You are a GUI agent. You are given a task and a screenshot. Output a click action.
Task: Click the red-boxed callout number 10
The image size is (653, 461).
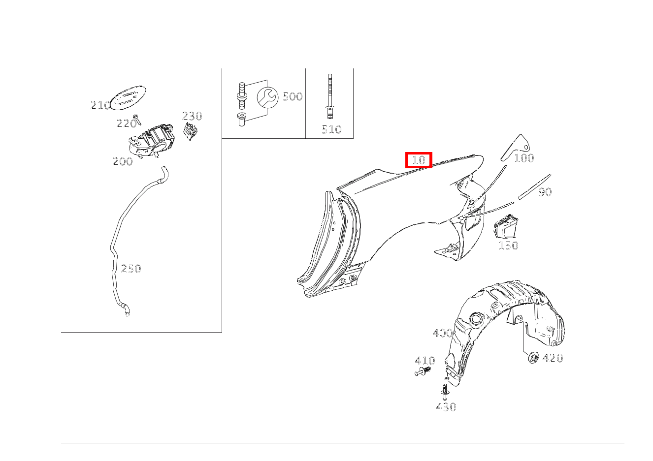point(419,160)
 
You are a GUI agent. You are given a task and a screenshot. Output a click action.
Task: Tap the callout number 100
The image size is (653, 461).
point(524,158)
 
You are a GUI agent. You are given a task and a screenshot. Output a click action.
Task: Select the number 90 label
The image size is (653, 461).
point(545,192)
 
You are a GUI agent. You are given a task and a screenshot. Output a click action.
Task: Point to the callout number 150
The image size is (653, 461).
point(508,246)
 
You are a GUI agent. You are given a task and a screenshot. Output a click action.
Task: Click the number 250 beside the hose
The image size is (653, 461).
point(131,269)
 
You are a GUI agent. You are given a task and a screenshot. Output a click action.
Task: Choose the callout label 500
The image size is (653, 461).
point(293,96)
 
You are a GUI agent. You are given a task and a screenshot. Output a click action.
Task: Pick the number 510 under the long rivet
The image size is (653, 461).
point(331,129)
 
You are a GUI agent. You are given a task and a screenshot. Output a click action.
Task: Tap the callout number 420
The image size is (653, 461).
point(553,358)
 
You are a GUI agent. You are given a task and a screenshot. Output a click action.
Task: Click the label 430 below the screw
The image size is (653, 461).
point(446,407)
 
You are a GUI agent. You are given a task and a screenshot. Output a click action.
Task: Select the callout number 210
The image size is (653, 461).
point(100,105)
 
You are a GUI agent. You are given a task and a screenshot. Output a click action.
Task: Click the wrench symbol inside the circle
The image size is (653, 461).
point(267,97)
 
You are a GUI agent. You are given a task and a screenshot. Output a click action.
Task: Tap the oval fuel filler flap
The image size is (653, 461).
point(129,97)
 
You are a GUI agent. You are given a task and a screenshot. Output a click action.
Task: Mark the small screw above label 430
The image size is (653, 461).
point(445,392)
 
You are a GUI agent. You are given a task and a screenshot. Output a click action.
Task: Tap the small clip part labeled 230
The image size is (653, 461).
point(190,131)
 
